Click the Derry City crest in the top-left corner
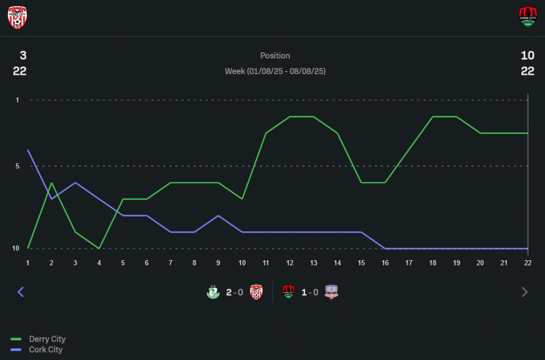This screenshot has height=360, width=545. click(17, 17)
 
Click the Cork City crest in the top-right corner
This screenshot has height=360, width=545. click(528, 17)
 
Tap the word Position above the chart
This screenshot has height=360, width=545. click(275, 56)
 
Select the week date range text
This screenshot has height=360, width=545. click(275, 71)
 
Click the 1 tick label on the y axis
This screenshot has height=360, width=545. click(17, 100)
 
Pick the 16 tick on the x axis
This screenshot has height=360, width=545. click(385, 262)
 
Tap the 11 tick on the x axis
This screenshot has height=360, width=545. click(266, 262)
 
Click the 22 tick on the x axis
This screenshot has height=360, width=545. click(528, 262)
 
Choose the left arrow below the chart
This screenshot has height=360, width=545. click(21, 292)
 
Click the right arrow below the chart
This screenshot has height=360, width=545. click(524, 292)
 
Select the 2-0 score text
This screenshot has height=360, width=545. click(234, 292)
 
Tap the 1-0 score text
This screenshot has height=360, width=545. click(310, 292)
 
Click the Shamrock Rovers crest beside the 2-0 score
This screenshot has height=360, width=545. click(213, 292)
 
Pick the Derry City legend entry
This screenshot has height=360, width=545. click(47, 339)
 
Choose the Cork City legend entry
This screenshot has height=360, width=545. click(46, 350)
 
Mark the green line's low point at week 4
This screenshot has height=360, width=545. click(99, 248)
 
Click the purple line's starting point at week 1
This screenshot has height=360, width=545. click(28, 150)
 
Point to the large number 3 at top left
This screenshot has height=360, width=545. click(23, 56)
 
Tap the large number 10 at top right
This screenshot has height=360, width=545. click(528, 56)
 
